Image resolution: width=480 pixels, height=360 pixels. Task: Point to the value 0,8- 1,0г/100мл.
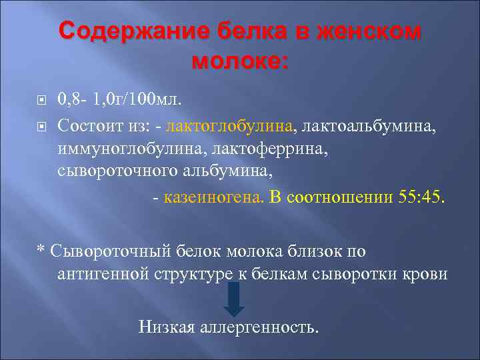[119, 100]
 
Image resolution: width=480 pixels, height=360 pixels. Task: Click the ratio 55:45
[421, 197]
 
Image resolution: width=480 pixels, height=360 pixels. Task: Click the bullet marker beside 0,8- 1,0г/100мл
[41, 101]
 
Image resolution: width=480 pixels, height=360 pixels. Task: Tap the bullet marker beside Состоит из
[41, 125]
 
